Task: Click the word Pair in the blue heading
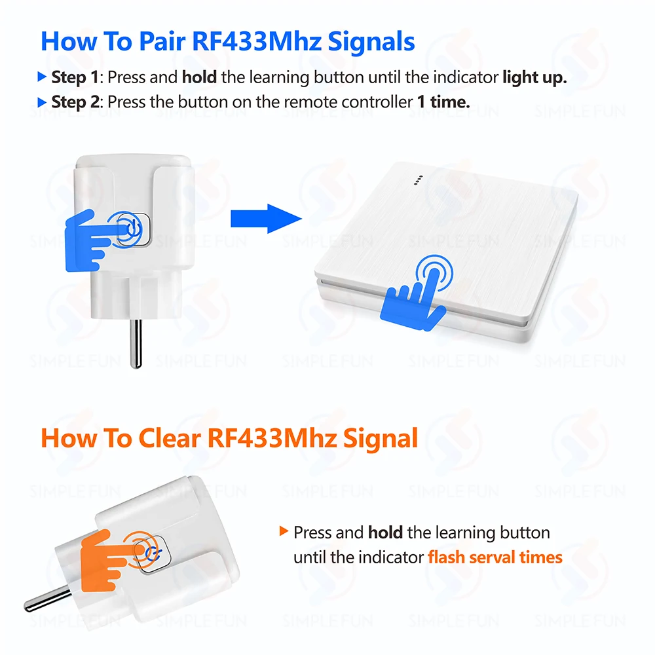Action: click(x=162, y=41)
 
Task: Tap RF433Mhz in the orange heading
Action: click(x=272, y=438)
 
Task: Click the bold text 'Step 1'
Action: click(x=75, y=77)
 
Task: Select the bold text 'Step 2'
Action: click(x=75, y=102)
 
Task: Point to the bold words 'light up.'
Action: click(x=534, y=78)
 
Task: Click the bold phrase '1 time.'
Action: click(x=443, y=102)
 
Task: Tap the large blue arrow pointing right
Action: click(x=266, y=219)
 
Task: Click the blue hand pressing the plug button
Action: click(x=97, y=240)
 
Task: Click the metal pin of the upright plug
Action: click(x=136, y=344)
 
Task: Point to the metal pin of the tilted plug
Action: click(x=47, y=598)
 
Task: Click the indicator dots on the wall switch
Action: click(x=418, y=180)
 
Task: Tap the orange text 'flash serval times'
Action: click(x=495, y=557)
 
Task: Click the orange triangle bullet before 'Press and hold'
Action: click(x=284, y=531)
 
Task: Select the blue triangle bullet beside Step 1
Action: click(x=42, y=77)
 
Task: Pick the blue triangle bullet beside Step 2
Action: click(x=42, y=102)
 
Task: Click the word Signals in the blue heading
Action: click(x=371, y=42)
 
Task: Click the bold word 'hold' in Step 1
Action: click(x=199, y=77)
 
